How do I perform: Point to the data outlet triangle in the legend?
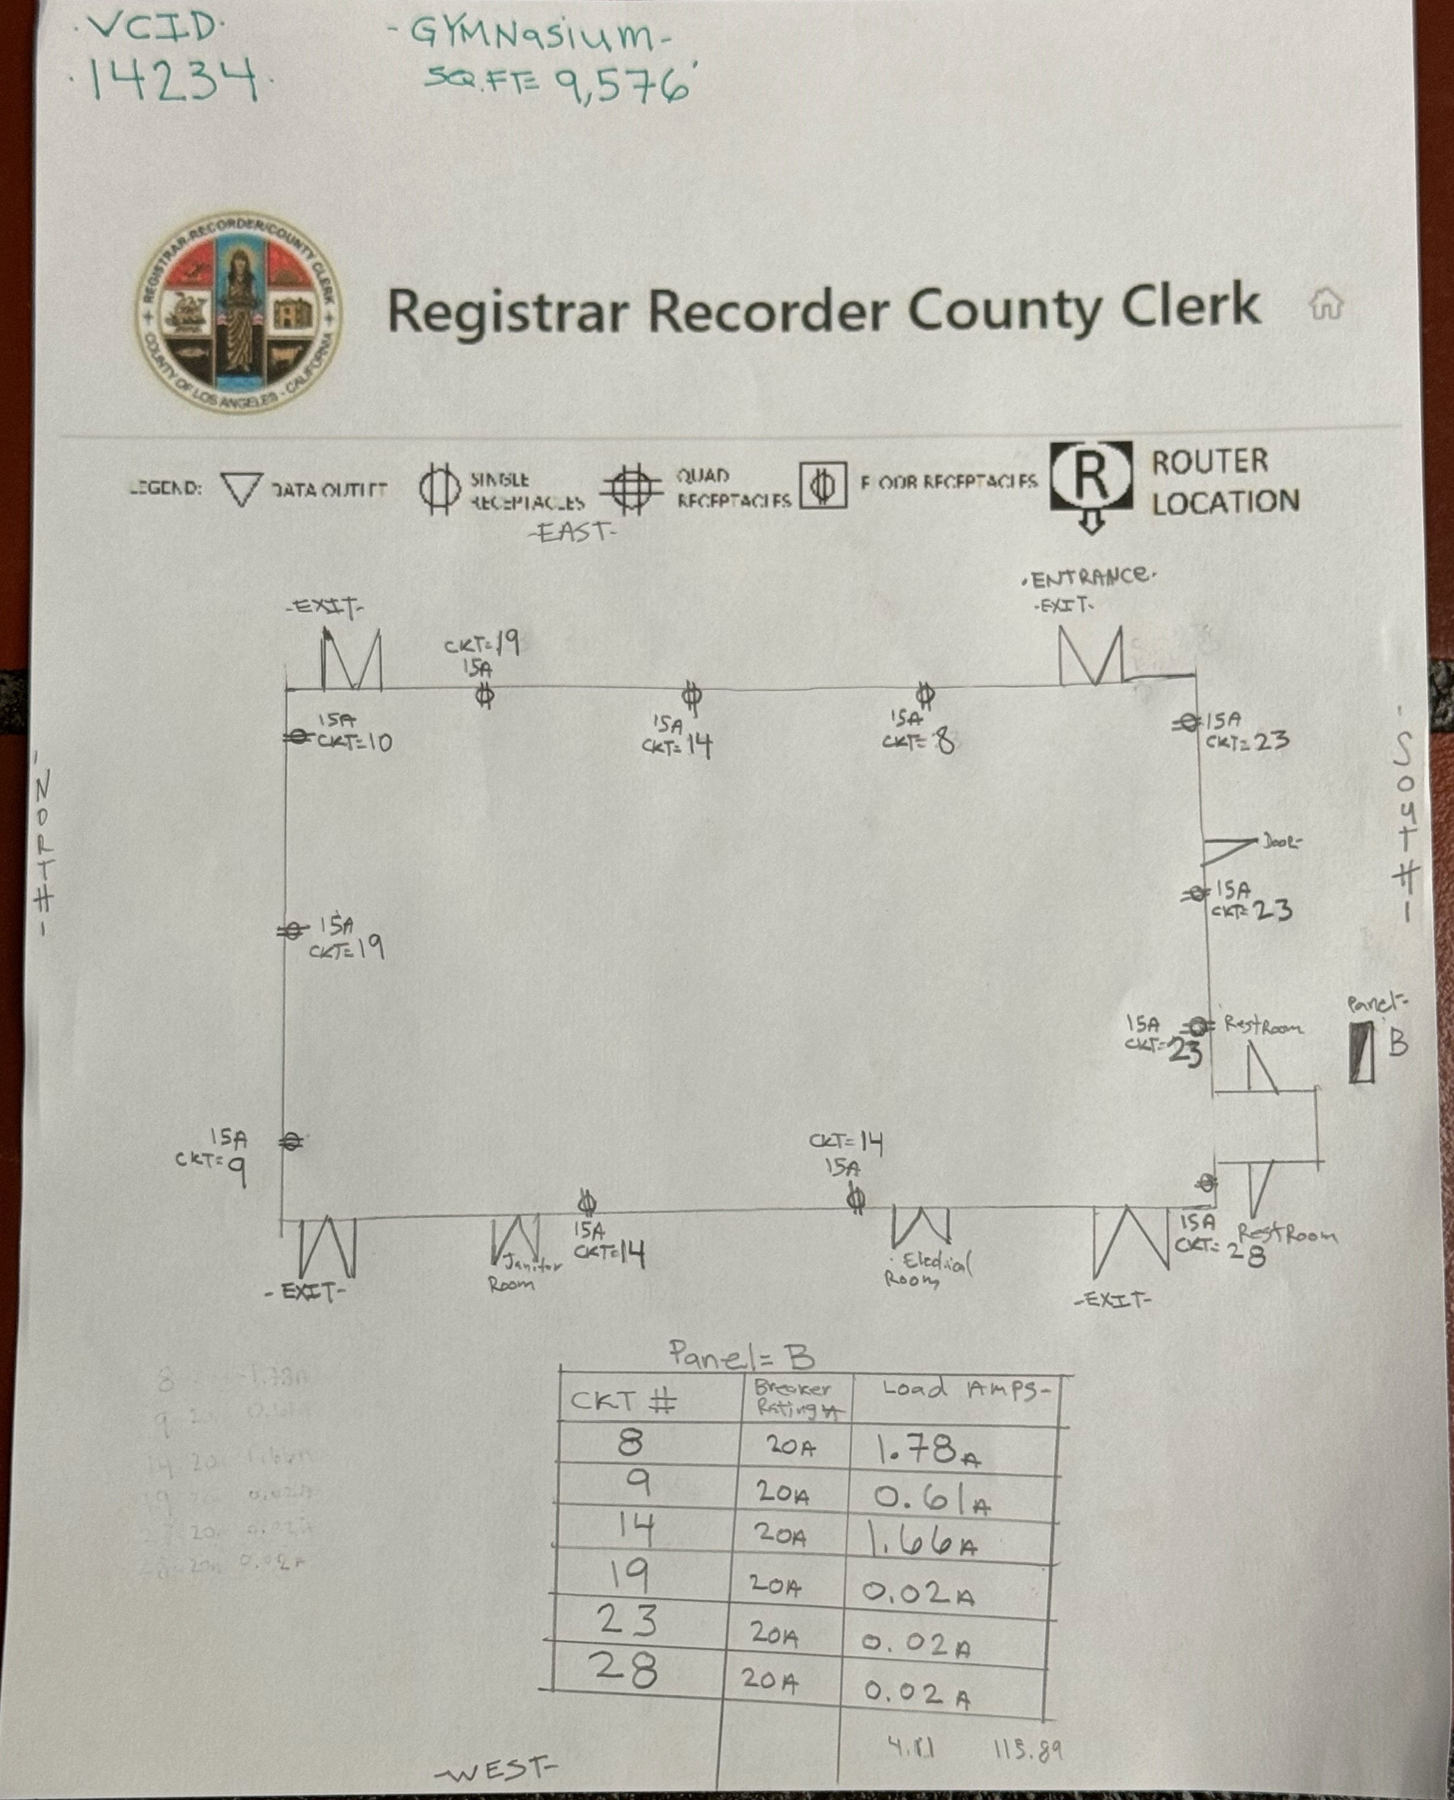click(x=241, y=488)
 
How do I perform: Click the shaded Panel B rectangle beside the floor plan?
click(x=1361, y=1053)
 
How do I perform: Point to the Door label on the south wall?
click(x=1282, y=842)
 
